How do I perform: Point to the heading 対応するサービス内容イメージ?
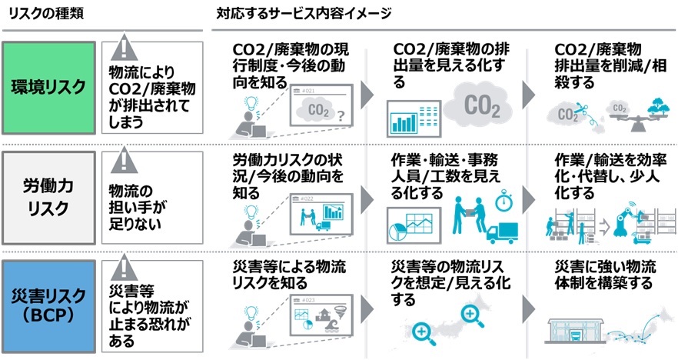[304, 13]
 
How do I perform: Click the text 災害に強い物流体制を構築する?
[604, 275]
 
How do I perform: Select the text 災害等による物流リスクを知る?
[289, 275]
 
